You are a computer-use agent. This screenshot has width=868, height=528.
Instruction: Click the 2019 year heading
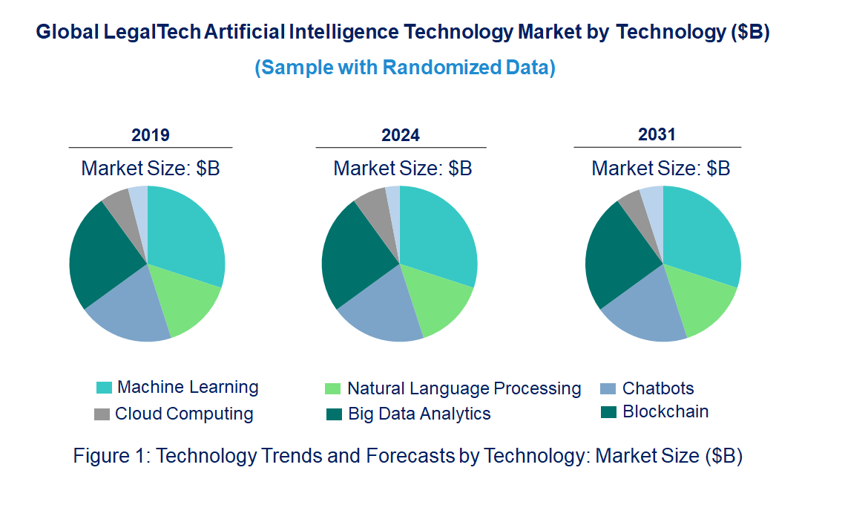[x=151, y=135]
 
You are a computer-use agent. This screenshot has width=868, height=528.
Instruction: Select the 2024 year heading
[x=401, y=135]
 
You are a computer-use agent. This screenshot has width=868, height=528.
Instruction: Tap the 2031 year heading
[x=657, y=134]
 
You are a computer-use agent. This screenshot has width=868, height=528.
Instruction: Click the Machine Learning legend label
[x=188, y=387]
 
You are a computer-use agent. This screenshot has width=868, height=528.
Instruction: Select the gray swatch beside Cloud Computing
[x=102, y=414]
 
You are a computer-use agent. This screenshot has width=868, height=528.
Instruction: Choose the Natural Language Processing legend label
[x=464, y=388]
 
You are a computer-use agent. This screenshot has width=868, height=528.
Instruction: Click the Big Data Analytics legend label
[x=419, y=414]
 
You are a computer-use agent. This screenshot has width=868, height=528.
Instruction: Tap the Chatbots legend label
[x=658, y=388]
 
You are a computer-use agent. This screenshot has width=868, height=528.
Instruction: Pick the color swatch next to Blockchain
[x=608, y=412]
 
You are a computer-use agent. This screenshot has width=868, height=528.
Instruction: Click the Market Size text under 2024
[x=402, y=168]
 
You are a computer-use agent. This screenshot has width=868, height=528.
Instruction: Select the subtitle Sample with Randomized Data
[x=405, y=68]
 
